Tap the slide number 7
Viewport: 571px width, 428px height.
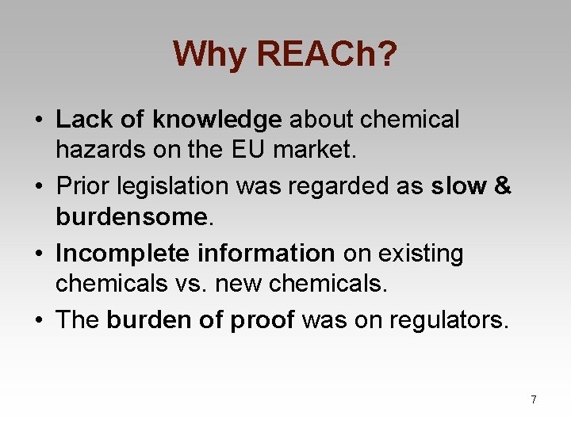point(534,399)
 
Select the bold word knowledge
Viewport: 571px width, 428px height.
point(217,120)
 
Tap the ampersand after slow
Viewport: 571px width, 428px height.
point(503,186)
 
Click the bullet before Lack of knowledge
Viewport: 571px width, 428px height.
point(38,120)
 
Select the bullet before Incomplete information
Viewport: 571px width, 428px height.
point(38,254)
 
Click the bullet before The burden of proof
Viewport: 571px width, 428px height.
point(38,321)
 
